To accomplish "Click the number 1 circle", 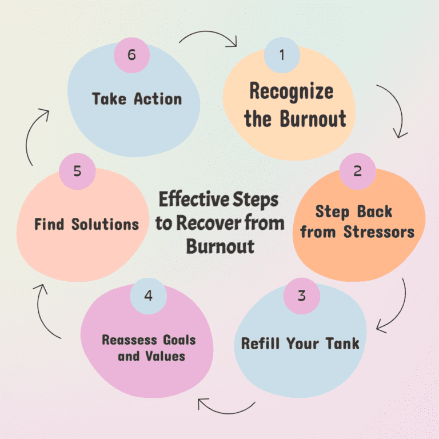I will pos(282,55).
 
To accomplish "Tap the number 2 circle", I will pos(357,171).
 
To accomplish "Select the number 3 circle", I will pos(302,296).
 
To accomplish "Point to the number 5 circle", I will pos(77,171).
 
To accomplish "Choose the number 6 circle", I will pos(131,55).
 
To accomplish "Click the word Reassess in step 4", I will pos(129,340).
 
